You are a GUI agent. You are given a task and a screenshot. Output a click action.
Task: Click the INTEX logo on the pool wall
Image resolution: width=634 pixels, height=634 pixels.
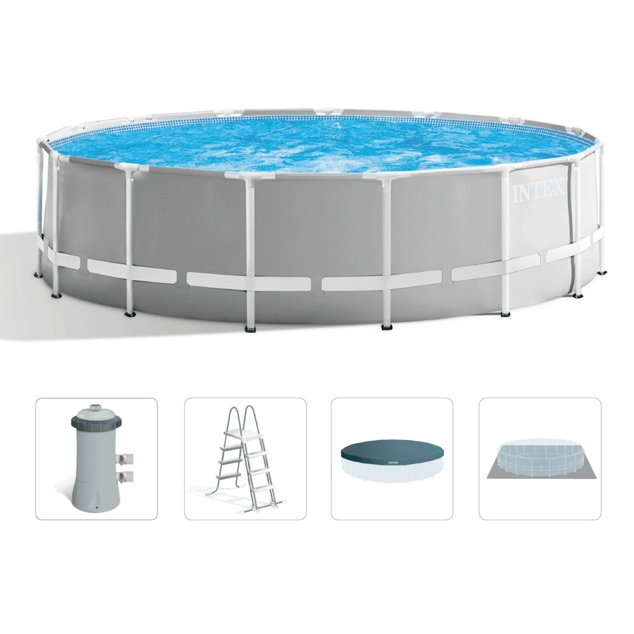pos(538,190)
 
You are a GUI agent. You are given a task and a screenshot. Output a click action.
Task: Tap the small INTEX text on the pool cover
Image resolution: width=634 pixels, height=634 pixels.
pos(394,462)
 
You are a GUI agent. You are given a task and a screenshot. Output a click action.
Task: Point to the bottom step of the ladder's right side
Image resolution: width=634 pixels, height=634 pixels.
pos(261,487)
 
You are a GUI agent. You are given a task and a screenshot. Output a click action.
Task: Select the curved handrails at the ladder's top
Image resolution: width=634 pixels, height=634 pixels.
pos(243,418)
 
